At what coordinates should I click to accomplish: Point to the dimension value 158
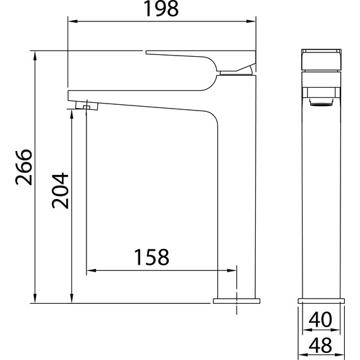(x=152, y=258)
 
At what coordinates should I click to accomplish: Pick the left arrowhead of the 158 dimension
(x=90, y=272)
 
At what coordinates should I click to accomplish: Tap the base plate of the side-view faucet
(x=236, y=301)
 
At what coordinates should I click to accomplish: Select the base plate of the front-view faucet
(x=321, y=301)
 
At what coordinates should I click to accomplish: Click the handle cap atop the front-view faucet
(x=321, y=59)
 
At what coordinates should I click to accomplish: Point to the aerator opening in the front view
(x=321, y=100)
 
